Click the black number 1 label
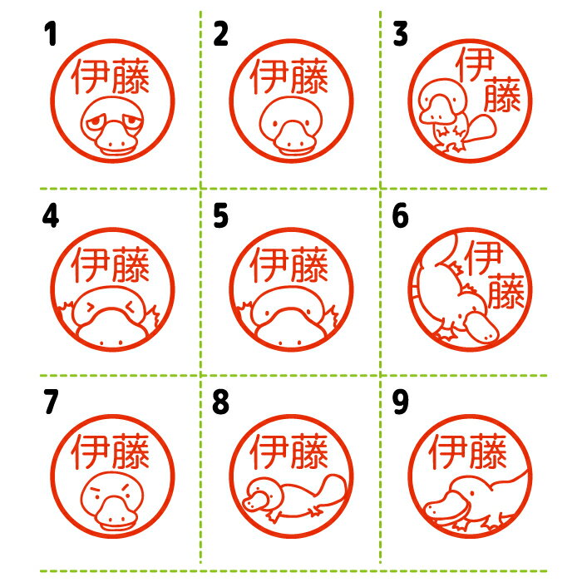click(51, 33)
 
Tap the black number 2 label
click(220, 33)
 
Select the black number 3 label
click(400, 33)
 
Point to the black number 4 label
click(51, 216)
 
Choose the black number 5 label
click(220, 216)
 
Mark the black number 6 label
click(400, 216)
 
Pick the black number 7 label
click(51, 402)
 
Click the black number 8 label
click(220, 402)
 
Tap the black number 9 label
click(400, 402)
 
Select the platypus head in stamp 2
click(291, 126)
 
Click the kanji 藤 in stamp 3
click(502, 94)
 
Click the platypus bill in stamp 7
click(116, 514)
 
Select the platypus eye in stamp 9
click(471, 493)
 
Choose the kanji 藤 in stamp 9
click(488, 451)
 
